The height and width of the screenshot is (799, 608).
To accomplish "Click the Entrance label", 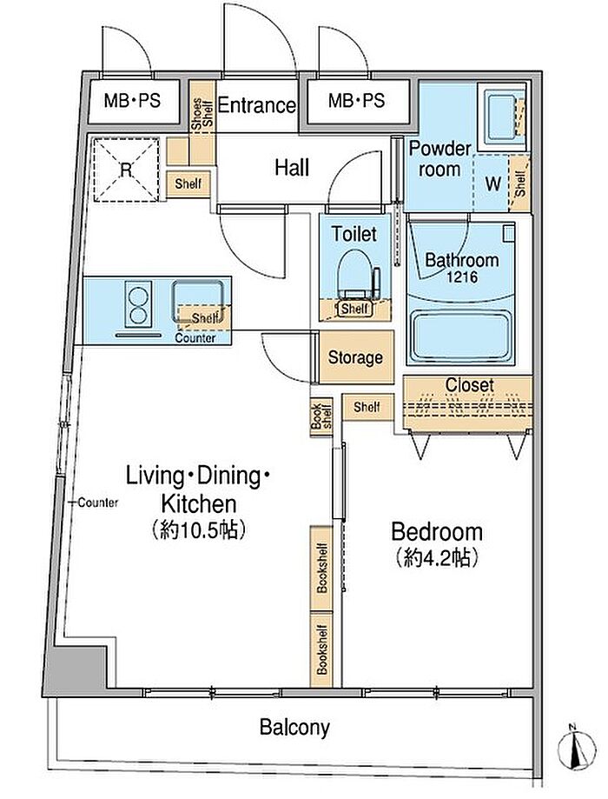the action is point(256,105).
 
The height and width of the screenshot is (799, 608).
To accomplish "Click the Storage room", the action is point(356,356).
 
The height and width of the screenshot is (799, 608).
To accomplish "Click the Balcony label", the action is point(294,727).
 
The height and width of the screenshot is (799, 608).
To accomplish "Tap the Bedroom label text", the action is point(437,531).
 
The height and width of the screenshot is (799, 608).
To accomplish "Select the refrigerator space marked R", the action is point(126,170).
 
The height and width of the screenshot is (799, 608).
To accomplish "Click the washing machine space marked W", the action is point(492,183).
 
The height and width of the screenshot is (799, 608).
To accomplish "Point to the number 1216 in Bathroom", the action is point(462,277).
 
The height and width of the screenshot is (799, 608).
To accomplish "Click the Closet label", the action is point(469,385).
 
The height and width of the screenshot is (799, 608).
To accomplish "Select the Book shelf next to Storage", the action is point(321,416).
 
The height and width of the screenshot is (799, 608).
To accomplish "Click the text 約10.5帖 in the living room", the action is point(199,530).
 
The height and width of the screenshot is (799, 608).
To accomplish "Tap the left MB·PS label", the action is point(132,100).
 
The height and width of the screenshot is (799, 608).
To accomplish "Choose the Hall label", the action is point(292,167).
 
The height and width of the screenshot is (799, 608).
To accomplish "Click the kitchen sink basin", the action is point(197,301).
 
